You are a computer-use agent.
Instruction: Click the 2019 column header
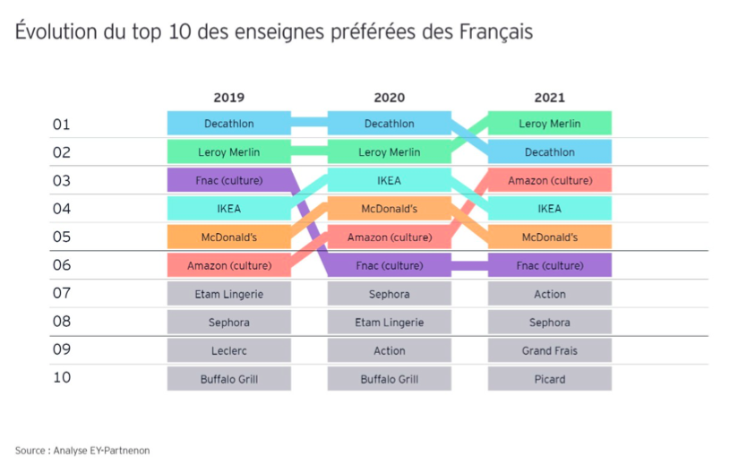point(228,98)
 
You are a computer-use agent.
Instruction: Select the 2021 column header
point(549,98)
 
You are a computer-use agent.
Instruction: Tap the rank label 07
point(61,293)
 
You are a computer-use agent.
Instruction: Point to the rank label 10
point(61,378)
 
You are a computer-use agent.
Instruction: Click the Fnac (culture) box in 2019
point(228,180)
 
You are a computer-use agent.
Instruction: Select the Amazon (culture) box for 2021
point(549,180)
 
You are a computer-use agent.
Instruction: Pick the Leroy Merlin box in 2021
point(549,124)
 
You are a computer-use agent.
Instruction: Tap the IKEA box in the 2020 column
point(389,180)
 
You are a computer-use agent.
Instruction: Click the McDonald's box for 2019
point(228,237)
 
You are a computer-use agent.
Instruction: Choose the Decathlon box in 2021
point(549,152)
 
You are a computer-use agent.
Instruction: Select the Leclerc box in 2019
point(228,350)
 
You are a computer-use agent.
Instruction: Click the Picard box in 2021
point(549,378)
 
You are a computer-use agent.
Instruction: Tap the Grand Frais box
point(549,350)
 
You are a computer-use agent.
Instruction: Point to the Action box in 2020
point(389,350)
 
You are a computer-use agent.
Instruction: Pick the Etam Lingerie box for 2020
point(389,322)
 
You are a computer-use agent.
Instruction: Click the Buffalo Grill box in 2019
point(228,378)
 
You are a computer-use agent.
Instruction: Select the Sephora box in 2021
point(549,322)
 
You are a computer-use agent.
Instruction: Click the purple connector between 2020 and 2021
point(469,265)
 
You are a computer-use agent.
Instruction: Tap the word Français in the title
point(495,33)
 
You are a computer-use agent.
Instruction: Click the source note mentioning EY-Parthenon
point(82,450)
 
